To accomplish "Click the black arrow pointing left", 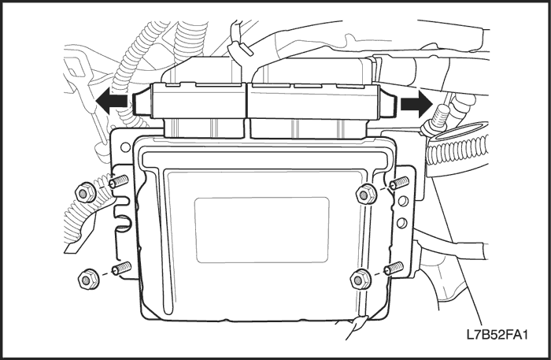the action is pyautogui.click(x=111, y=102).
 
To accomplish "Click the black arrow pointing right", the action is pyautogui.click(x=416, y=104).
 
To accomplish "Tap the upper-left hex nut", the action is pyautogui.click(x=85, y=192).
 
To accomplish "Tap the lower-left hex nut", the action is pyautogui.click(x=87, y=280).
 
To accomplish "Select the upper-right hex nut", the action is pyautogui.click(x=366, y=194).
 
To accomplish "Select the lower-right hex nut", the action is pyautogui.click(x=361, y=280).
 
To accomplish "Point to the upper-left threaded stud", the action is pyautogui.click(x=118, y=182).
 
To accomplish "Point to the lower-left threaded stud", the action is pyautogui.click(x=121, y=269).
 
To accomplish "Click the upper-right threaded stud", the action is pyautogui.click(x=400, y=183).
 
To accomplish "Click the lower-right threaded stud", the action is pyautogui.click(x=394, y=269).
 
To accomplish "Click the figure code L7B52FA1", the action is pyautogui.click(x=497, y=334).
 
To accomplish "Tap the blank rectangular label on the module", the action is pyautogui.click(x=262, y=230).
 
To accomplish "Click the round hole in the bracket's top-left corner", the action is pyautogui.click(x=125, y=147).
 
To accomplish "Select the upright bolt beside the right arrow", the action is pyautogui.click(x=437, y=120).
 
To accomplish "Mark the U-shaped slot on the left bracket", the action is pyautogui.click(x=121, y=221).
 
